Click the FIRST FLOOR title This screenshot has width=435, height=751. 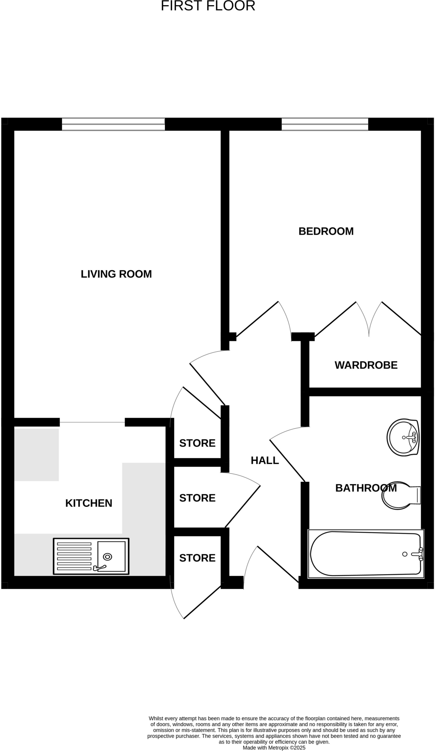pos(208,6)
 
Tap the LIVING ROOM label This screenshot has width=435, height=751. pos(116,274)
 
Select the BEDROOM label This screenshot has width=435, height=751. pos(326,231)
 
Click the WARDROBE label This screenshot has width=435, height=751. pos(366,365)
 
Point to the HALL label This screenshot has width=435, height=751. pos(265,460)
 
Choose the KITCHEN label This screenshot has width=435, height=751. pos(89,503)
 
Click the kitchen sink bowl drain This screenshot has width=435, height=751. pos(107,557)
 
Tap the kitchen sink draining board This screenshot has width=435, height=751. pos(74,556)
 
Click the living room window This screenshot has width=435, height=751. pos(113,124)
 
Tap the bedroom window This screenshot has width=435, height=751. pos(325,124)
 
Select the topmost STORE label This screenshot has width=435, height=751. pos(197,443)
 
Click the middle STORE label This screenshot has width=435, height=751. pos(197,498)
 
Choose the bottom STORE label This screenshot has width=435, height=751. pos(197,558)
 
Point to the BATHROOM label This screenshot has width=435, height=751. pos(366,488)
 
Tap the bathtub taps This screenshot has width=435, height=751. pos(420,554)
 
